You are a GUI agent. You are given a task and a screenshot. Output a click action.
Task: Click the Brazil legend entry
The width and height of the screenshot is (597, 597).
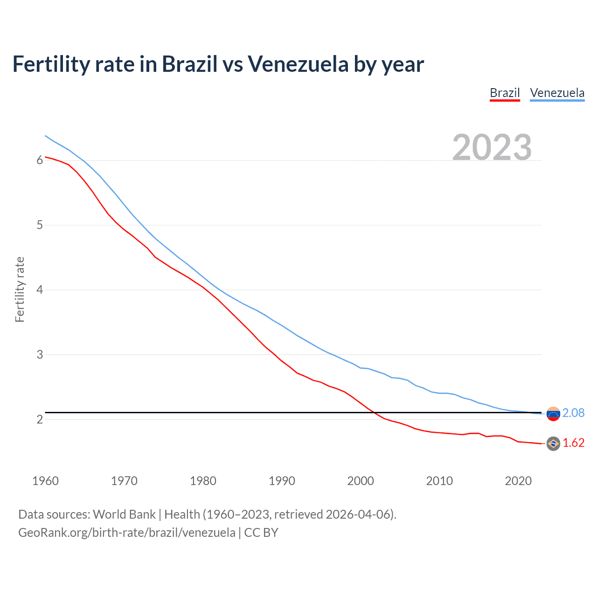505,93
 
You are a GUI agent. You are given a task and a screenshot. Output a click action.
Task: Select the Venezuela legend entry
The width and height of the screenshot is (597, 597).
557,93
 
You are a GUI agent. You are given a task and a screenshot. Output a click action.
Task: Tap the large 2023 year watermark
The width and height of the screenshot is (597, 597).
492,147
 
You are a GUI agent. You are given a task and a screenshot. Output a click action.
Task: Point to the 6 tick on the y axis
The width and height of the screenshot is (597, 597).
40,160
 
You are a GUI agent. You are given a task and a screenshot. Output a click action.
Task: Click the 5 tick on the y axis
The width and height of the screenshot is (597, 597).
40,225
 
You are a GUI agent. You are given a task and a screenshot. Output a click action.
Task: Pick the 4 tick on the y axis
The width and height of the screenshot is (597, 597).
40,290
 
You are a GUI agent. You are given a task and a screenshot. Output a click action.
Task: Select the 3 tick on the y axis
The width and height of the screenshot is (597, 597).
40,354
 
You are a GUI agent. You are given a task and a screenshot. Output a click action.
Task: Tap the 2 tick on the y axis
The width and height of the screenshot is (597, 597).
40,419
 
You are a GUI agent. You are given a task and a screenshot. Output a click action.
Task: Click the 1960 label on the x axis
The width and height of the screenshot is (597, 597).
45,481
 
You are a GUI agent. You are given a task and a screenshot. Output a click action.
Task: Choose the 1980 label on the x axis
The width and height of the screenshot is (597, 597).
203,481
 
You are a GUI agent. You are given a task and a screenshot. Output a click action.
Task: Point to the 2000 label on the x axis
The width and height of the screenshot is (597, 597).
361,481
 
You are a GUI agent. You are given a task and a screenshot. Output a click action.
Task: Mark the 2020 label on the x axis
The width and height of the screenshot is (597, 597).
518,481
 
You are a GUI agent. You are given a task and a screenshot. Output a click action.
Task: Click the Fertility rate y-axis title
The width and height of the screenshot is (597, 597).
20,289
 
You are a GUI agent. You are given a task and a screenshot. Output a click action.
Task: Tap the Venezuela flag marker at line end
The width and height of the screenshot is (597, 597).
553,414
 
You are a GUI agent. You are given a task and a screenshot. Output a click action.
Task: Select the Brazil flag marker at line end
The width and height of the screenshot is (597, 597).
553,444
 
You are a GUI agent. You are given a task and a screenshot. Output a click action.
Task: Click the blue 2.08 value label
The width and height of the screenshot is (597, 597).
573,413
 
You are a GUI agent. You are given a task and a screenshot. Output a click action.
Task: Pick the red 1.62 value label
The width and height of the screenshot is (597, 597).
573,443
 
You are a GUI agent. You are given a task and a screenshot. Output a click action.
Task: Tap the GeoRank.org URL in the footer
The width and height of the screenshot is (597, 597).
126,533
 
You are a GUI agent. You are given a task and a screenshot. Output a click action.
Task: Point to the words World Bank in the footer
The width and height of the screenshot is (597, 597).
124,514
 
